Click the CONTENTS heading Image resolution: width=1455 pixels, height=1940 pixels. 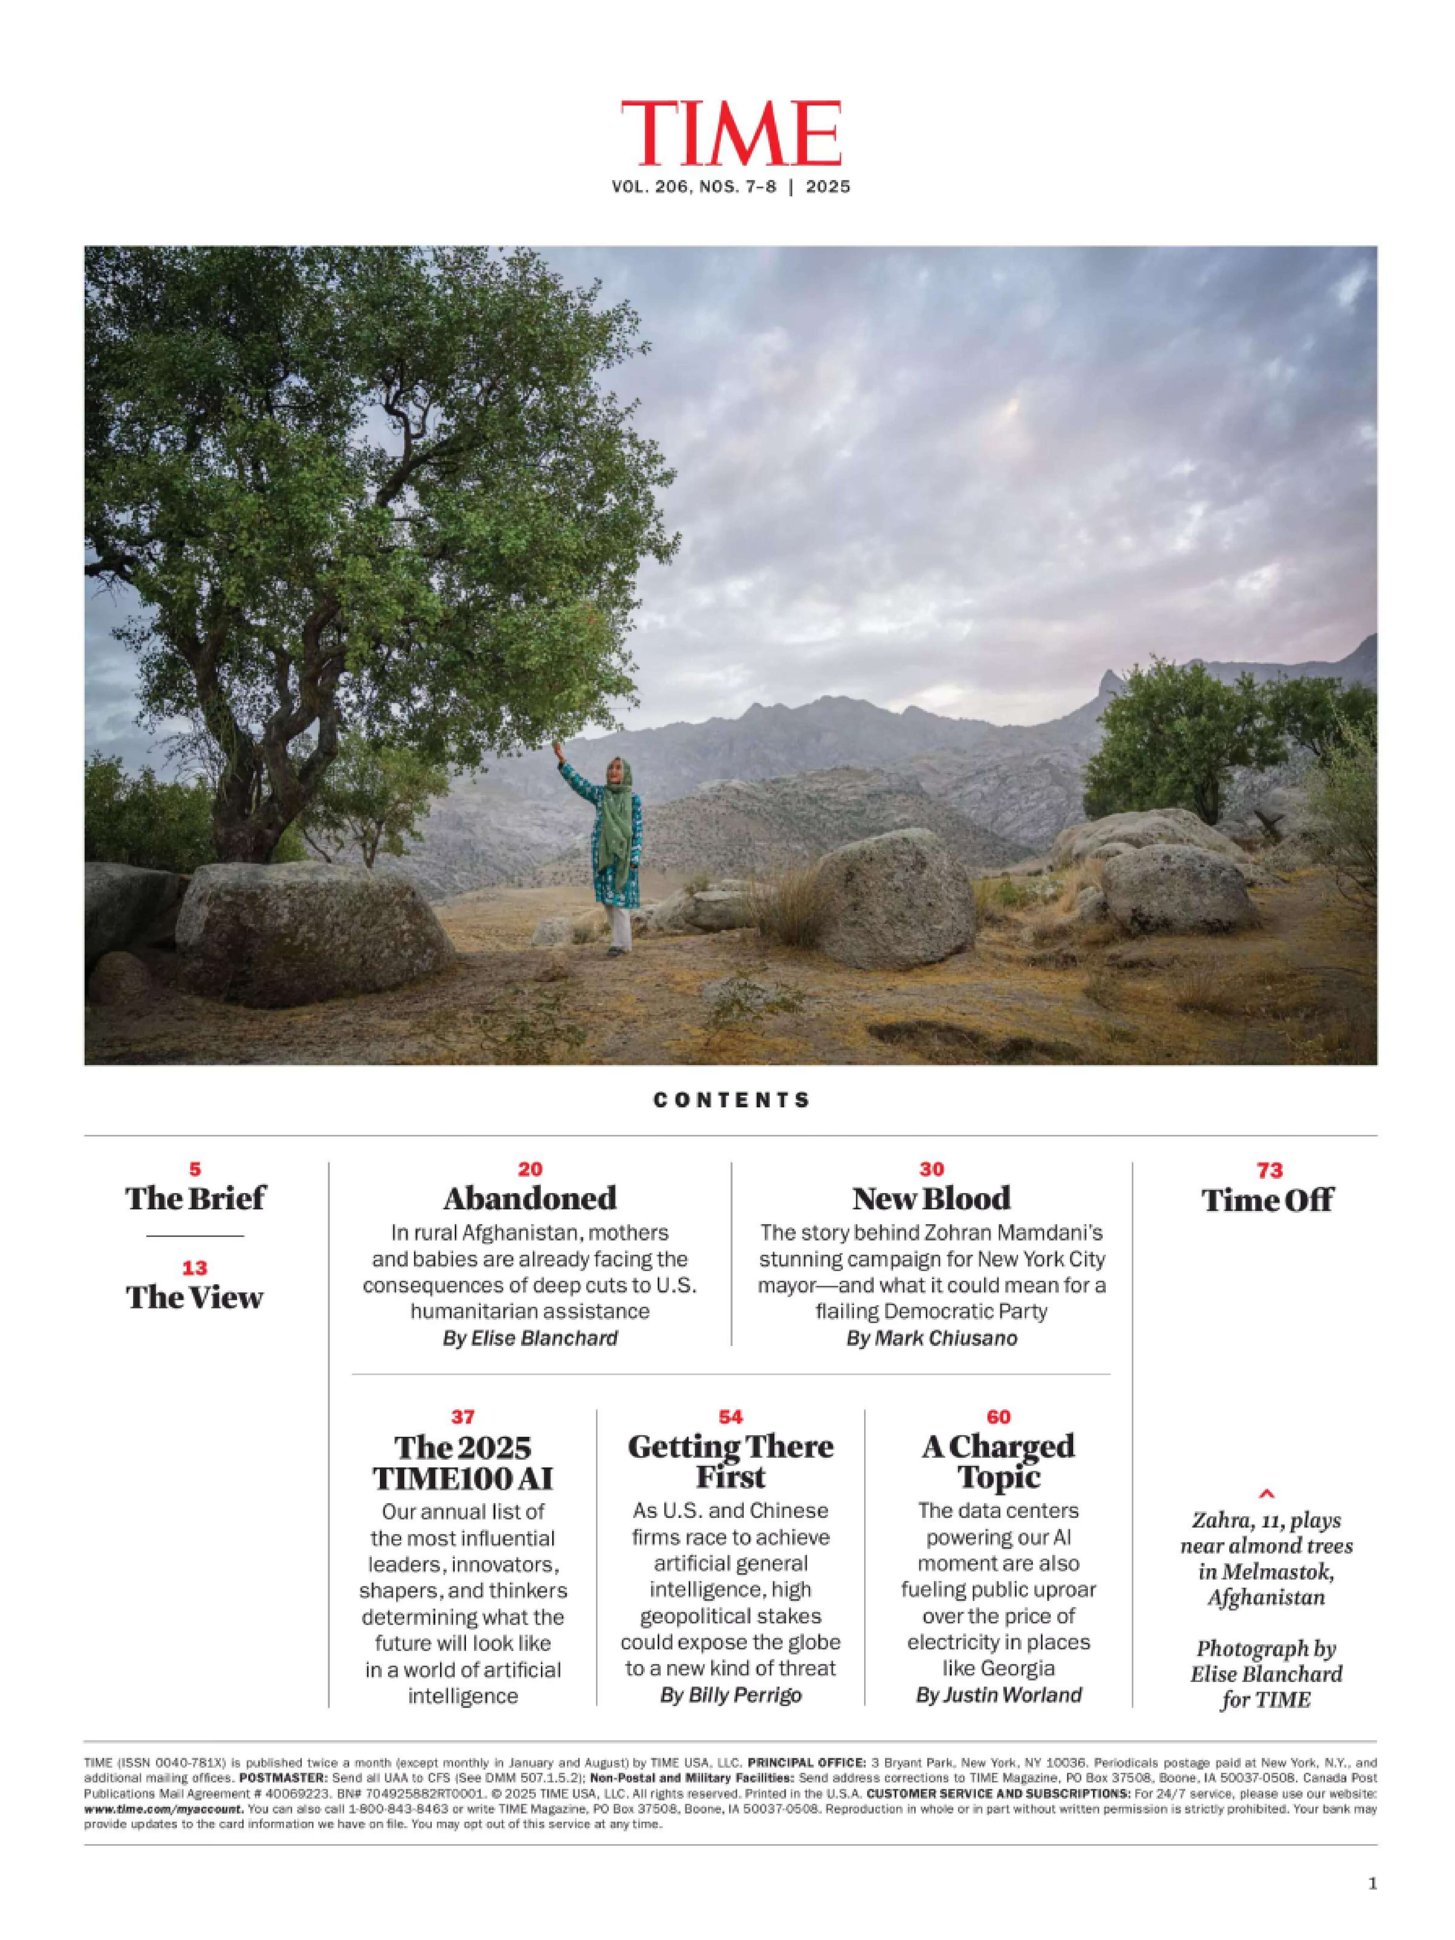click(x=731, y=1100)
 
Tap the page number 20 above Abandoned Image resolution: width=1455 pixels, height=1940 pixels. click(x=530, y=1169)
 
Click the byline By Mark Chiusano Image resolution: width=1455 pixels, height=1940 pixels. click(x=932, y=1339)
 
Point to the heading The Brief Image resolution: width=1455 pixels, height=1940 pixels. click(x=195, y=1198)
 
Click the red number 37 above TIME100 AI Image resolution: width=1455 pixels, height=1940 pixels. click(x=463, y=1417)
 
